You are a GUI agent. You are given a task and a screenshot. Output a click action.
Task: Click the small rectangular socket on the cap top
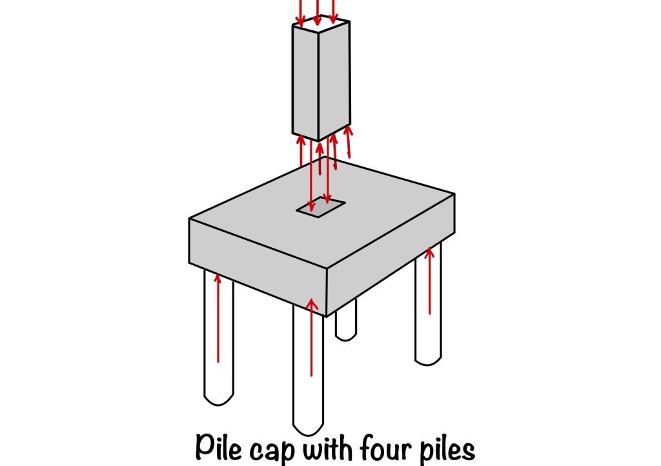(320, 208)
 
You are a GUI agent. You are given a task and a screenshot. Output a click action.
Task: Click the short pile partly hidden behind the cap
(346, 323)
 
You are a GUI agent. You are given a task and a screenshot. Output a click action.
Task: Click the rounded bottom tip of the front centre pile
(308, 427)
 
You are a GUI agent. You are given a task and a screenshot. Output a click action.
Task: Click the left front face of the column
(305, 81)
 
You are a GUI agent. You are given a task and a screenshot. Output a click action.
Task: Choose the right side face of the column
(335, 77)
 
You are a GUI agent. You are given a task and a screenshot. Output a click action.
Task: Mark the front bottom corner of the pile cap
(327, 315)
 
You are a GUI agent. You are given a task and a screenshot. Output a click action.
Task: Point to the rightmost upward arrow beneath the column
(349, 142)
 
